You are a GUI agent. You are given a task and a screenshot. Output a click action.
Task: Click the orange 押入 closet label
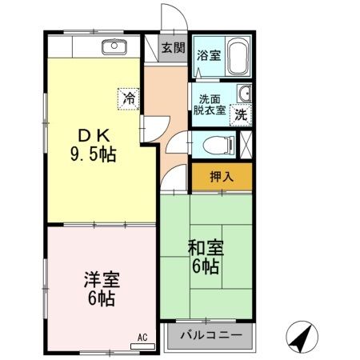[222, 177]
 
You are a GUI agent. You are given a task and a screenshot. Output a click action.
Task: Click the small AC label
[143, 337]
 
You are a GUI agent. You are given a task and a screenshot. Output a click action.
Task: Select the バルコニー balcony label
[210, 334]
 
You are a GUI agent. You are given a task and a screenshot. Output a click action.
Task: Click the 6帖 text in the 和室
[205, 267]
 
